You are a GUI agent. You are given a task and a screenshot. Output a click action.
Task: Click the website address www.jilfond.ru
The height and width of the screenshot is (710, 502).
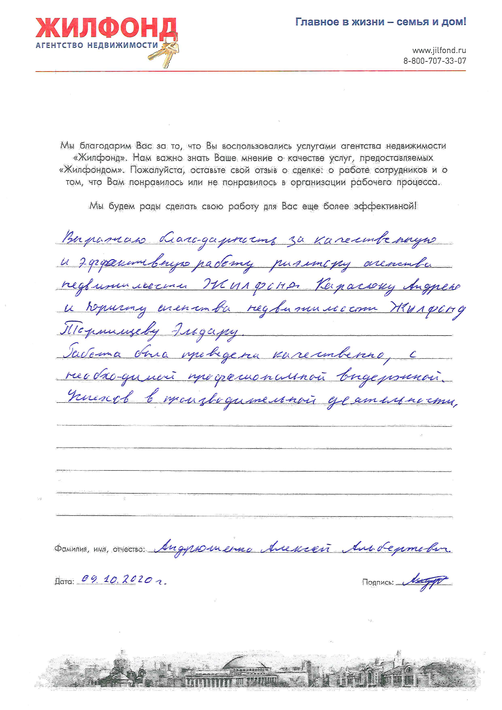pyautogui.click(x=439, y=50)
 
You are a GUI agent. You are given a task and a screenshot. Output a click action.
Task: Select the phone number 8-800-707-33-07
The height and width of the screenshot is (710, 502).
pyautogui.click(x=434, y=61)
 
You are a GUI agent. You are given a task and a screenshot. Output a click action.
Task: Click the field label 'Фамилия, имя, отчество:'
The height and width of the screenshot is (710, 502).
pyautogui.click(x=100, y=549)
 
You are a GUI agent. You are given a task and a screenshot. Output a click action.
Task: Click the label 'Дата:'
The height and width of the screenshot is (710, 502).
pyautogui.click(x=64, y=582)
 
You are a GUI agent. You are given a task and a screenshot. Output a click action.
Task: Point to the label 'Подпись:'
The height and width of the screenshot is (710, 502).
pyautogui.click(x=378, y=582)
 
